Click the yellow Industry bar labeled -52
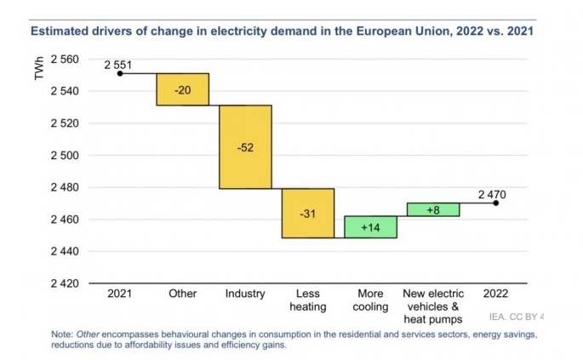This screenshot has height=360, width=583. [245, 146]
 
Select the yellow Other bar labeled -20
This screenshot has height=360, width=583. [182, 89]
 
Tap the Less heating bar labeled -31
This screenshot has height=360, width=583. [308, 213]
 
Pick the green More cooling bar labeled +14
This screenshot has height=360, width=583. [370, 226]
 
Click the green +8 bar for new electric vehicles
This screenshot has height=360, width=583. [433, 209]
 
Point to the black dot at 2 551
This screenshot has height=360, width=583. [120, 73]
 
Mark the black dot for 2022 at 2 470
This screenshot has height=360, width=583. [495, 203]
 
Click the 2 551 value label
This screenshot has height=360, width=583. [119, 64]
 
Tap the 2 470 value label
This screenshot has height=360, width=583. [492, 194]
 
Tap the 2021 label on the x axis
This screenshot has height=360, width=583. [120, 294]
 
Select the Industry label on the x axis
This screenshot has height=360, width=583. [245, 294]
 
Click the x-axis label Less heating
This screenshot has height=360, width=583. [308, 300]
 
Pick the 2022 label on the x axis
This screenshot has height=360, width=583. [495, 294]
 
